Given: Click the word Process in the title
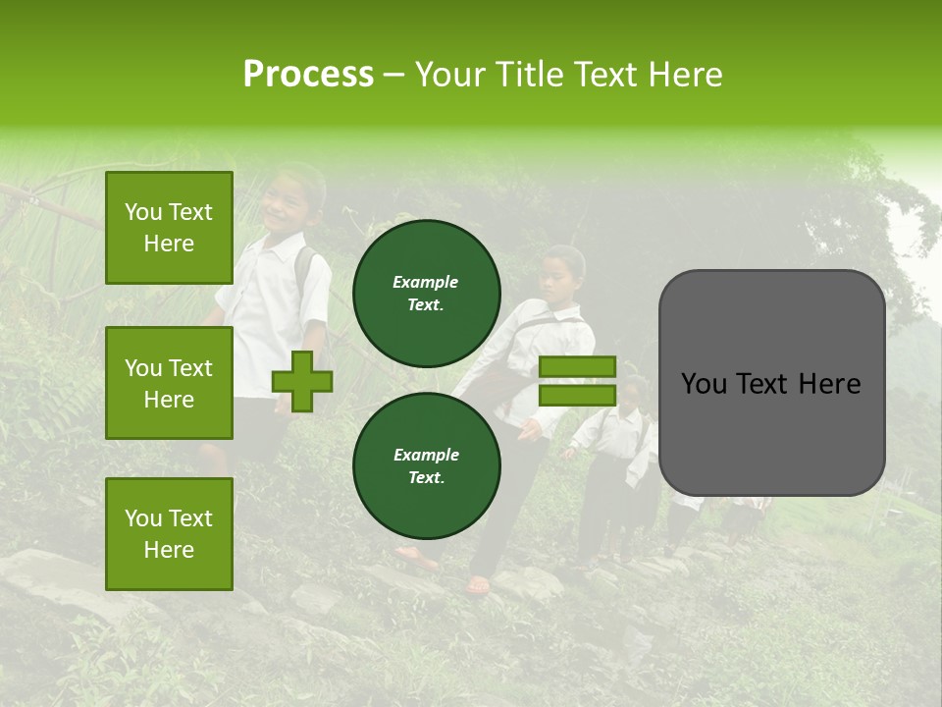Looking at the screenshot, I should click(x=308, y=75).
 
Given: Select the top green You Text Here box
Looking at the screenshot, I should click(x=169, y=228).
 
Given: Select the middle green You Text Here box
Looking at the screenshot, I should click(x=169, y=383).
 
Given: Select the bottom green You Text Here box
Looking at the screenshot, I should click(x=169, y=534).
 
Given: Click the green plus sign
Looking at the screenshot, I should click(x=302, y=381).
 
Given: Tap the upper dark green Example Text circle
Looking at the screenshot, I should click(x=426, y=294).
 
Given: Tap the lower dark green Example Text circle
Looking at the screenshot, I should click(x=426, y=466).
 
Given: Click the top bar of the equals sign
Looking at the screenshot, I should click(x=577, y=367).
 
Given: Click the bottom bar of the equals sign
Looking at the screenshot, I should click(x=577, y=395).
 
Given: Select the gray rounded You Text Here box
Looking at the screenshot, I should click(x=771, y=383).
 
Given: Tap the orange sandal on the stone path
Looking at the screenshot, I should click(x=478, y=585).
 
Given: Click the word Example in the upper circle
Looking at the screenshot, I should click(x=426, y=282).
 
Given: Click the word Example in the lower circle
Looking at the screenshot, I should click(x=426, y=455).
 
